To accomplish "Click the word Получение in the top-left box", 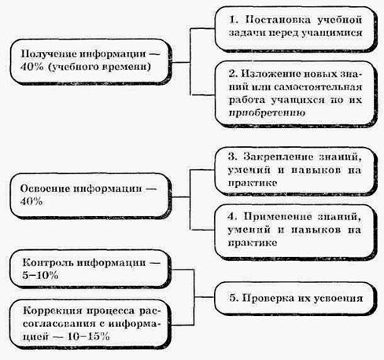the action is pos(48,54).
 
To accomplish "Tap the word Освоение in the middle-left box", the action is pos(45,189).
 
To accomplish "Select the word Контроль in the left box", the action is pos(48,263).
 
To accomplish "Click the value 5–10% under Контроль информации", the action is pos(40,275).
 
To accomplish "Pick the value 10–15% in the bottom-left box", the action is pos(88,336).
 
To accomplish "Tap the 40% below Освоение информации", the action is pos(31,201).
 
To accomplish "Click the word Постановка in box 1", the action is pos(278,20).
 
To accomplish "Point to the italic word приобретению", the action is pos(267,113).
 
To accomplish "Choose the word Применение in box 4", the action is pos(278,217).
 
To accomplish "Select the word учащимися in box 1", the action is pos(332,33).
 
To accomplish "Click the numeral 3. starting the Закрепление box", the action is pos(232,157).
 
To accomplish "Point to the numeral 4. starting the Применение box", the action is pos(232,217).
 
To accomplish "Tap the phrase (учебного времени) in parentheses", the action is pos(100,67).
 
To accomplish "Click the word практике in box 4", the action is pos(253,243).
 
